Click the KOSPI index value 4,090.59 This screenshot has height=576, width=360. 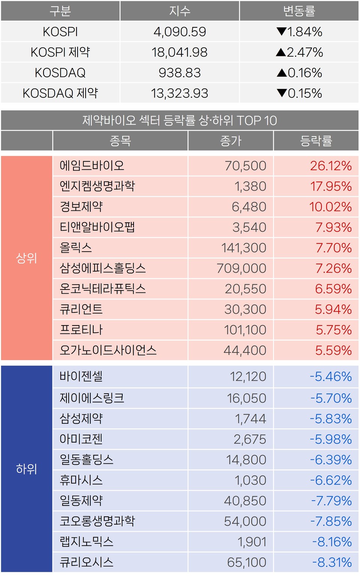pyautogui.click(x=180, y=32)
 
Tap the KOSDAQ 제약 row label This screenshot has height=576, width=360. pyautogui.click(x=60, y=93)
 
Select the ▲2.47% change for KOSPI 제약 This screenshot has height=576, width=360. pyautogui.click(x=299, y=52)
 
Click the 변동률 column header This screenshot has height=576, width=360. pyautogui.click(x=299, y=11)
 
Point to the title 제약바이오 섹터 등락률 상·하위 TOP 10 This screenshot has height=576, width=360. pyautogui.click(x=180, y=120)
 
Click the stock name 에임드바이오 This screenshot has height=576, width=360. pyautogui.click(x=92, y=166)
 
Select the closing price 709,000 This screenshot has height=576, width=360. pyautogui.click(x=241, y=268)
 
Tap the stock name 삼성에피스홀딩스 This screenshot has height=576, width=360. pyautogui.click(x=103, y=268)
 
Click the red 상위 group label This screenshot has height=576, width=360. pyautogui.click(x=27, y=258)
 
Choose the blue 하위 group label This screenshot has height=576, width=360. pyautogui.click(x=27, y=469)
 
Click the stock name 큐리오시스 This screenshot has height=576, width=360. pyautogui.click(x=87, y=562)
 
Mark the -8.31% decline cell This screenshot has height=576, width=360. pyautogui.click(x=332, y=562)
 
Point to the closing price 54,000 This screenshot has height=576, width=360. pyautogui.click(x=245, y=521)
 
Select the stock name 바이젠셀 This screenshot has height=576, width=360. pyautogui.click(x=81, y=376)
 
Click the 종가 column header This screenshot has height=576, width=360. pyautogui.click(x=231, y=141)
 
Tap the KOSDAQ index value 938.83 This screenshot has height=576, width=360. pyautogui.click(x=180, y=73)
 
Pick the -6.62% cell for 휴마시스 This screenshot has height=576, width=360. pyautogui.click(x=331, y=480)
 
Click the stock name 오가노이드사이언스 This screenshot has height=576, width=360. pyautogui.click(x=108, y=350)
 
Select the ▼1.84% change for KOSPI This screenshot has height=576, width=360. pyautogui.click(x=299, y=32)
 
